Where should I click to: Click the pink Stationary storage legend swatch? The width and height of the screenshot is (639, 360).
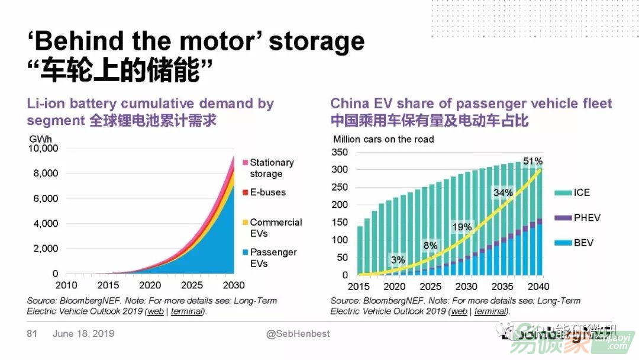245,162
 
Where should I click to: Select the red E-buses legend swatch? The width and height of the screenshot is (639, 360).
245,192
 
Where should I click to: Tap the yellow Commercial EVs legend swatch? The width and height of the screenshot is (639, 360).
245,223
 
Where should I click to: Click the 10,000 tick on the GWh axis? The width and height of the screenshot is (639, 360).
43,148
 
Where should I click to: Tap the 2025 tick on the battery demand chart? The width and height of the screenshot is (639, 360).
193,285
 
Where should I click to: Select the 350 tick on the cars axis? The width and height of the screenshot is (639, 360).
340,152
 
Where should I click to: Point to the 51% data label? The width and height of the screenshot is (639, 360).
532,161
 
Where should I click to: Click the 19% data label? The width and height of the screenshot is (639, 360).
462,227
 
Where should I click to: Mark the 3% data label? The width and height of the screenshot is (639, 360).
398,259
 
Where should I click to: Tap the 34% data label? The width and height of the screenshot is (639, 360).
503,192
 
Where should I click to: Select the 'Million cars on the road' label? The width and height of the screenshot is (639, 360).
383,139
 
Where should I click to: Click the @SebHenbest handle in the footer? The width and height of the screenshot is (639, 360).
298,334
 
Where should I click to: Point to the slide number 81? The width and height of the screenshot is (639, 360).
32,334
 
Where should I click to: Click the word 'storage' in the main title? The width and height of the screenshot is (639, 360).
317,41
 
